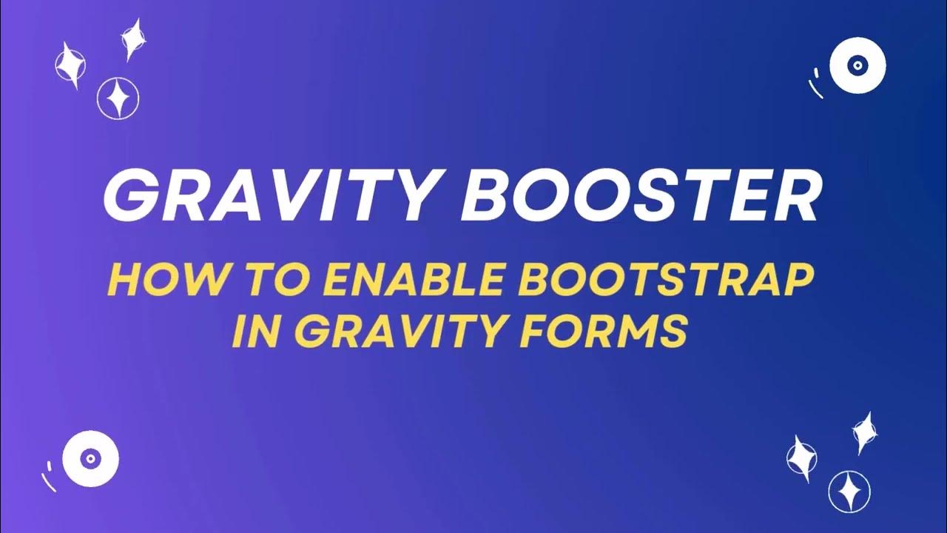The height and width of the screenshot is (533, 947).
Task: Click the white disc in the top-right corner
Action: [857, 65]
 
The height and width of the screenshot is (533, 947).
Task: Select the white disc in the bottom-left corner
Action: [90, 459]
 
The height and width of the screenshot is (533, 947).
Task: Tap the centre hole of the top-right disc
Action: [857, 65]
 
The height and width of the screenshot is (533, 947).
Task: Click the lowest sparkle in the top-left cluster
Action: [118, 98]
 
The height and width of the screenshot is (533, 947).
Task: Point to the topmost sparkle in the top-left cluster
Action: [132, 38]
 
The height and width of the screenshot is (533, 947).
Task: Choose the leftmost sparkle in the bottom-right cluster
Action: [801, 455]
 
